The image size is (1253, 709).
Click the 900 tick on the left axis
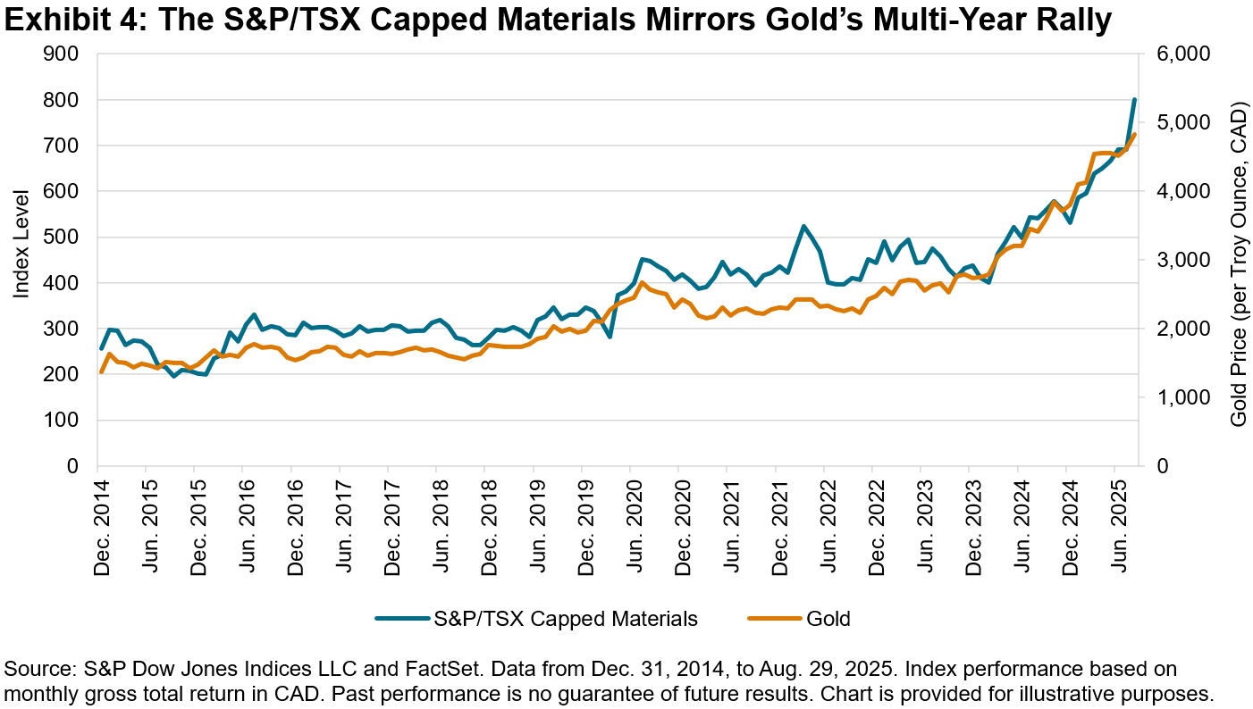coord(67,54)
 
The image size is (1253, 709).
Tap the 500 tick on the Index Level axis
coord(67,238)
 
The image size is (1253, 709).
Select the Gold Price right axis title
coord(1238,259)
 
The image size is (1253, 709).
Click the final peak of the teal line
coord(1134,100)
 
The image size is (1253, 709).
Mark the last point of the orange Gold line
coord(1134,135)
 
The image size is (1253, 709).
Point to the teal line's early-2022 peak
coord(803,227)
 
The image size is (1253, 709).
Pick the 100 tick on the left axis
coord(67,421)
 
